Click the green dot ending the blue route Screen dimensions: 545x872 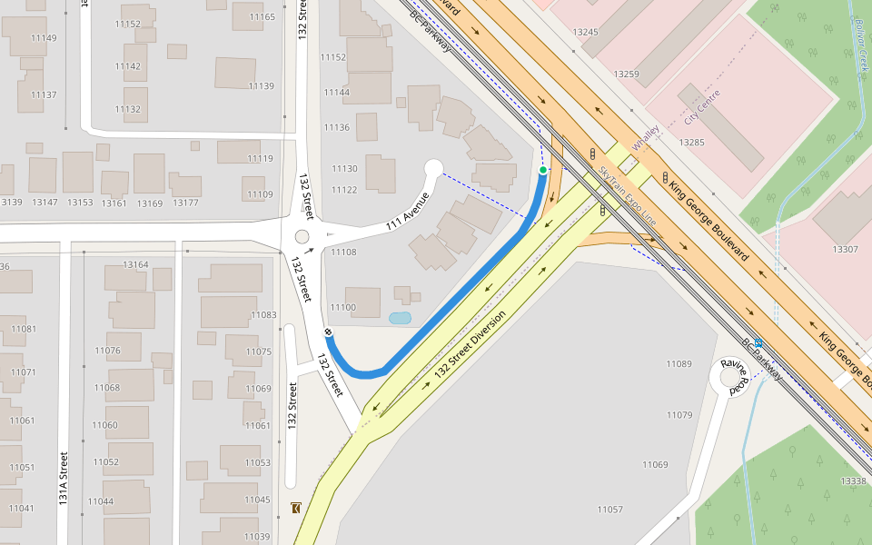543,170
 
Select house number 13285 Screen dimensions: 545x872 691,143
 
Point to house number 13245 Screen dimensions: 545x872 586,32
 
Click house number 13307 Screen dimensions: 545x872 845,249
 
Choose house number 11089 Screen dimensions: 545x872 679,364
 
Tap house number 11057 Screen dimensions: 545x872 610,510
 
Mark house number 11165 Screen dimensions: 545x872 262,17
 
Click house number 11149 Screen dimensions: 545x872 44,38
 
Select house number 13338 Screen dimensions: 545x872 853,481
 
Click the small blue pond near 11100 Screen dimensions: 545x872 399,319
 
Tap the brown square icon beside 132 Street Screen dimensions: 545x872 296,508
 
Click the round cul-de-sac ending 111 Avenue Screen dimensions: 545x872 433,167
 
